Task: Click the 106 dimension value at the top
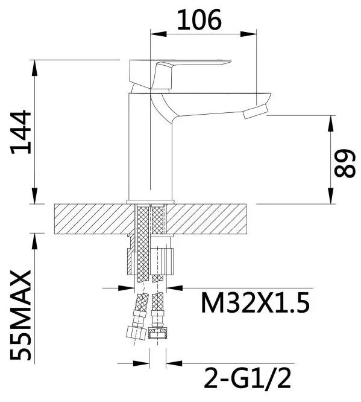click(199, 21)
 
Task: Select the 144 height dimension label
click(22, 133)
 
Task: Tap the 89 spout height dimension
click(344, 162)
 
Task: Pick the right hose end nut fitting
click(158, 334)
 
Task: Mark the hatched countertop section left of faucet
click(90, 218)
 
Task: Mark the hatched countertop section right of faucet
click(211, 218)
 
